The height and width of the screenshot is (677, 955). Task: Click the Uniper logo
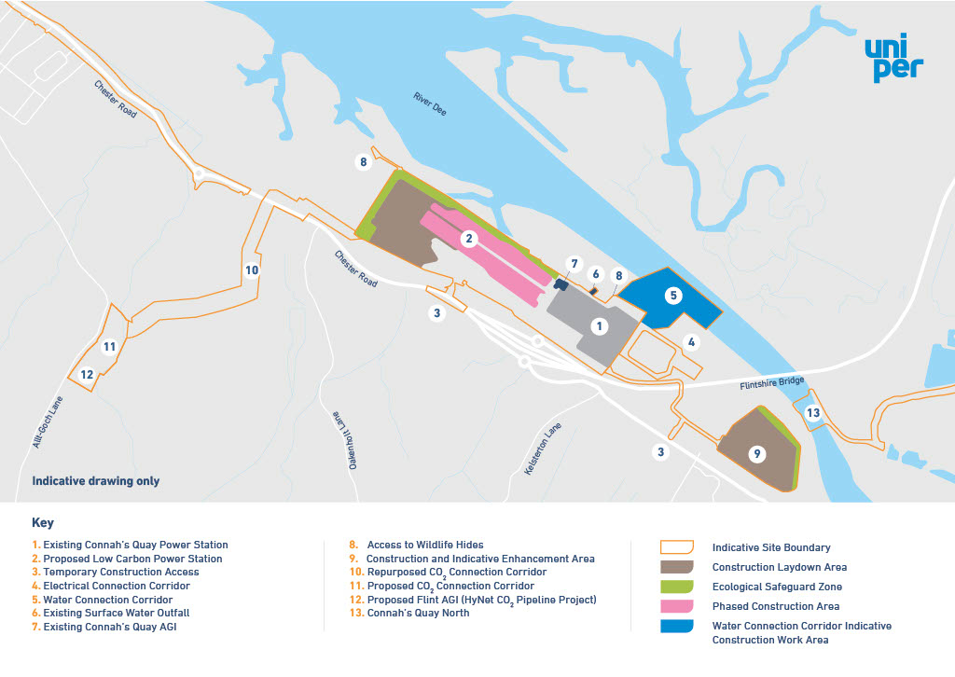[x=893, y=60]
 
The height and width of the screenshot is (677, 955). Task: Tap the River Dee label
[x=430, y=104]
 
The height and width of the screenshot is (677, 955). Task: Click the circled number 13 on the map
[x=813, y=413]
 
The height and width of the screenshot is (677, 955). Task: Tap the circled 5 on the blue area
[x=673, y=295]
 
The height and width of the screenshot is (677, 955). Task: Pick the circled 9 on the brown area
[x=757, y=454]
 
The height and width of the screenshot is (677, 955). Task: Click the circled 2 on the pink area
[x=470, y=239]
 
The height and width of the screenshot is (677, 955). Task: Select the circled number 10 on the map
[x=252, y=270]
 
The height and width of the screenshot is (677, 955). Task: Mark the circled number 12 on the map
[x=86, y=375]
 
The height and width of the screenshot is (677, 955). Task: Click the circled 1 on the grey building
[x=600, y=326]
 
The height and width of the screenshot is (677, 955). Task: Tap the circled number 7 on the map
[x=574, y=264]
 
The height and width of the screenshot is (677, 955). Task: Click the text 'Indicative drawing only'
[x=96, y=481]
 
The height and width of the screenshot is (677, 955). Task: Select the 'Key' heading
[x=43, y=523]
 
